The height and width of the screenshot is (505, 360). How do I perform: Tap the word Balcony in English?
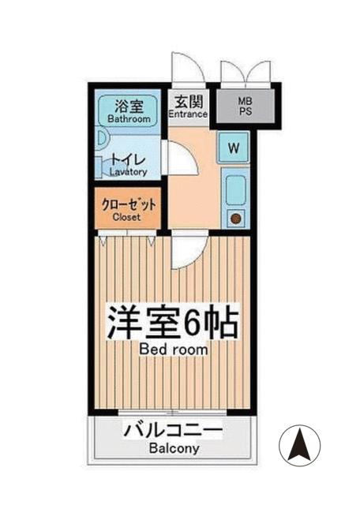[x=173, y=449]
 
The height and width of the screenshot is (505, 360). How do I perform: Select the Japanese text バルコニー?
[x=173, y=431]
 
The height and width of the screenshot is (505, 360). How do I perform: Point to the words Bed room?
[x=174, y=348]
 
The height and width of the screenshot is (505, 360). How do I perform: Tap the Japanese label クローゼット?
[x=129, y=204]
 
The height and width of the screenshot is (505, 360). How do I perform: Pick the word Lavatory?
[x=128, y=170]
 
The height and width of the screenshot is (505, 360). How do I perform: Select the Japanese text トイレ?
[x=127, y=158]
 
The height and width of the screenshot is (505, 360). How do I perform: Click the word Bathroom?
[x=129, y=119]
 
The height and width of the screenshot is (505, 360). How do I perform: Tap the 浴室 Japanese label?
[x=129, y=106]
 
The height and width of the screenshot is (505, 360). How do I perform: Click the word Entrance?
[x=188, y=114]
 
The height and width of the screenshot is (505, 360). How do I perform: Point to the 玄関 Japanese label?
[x=188, y=101]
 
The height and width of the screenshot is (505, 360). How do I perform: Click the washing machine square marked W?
[x=235, y=147]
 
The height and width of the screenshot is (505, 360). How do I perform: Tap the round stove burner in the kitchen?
[x=235, y=219]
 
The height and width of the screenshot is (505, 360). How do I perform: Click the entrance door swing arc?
[x=187, y=67]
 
